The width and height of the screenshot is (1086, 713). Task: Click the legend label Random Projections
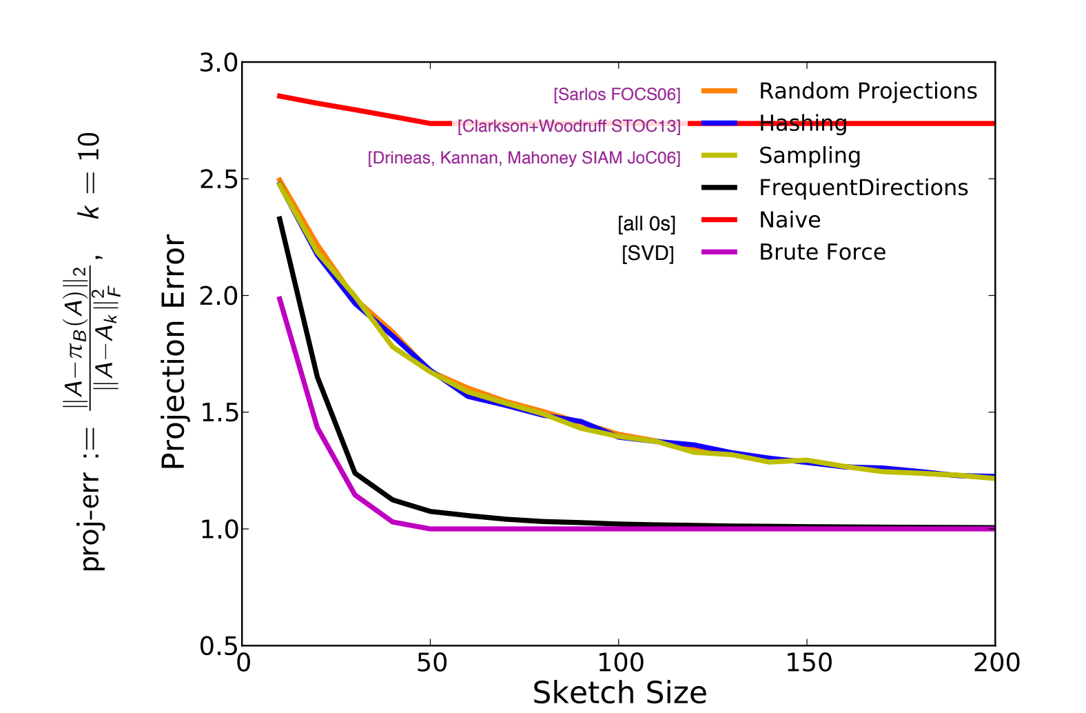coord(868,91)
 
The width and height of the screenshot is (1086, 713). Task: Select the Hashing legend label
coord(803,123)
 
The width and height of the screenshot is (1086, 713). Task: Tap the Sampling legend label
coord(810,155)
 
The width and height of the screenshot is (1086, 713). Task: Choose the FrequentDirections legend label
coord(863,188)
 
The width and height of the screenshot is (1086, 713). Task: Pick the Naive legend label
coord(790,220)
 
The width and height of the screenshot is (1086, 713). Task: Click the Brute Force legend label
coord(822,252)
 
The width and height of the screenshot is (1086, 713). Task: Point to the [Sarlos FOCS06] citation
coord(617,94)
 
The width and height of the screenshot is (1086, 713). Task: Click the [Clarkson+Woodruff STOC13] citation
coord(569,126)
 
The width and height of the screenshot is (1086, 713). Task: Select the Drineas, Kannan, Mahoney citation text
coord(524,158)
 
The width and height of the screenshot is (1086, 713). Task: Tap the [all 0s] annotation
coord(646,223)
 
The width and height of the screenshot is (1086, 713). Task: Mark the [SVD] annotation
coord(648,253)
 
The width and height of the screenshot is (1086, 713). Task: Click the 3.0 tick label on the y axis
coord(218,63)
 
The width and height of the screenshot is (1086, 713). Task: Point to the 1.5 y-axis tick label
coord(218,412)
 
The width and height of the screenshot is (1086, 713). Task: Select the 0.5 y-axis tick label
coord(218,646)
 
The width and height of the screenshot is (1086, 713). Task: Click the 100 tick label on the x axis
coord(619,663)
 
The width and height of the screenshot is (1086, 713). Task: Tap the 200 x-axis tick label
coord(997,663)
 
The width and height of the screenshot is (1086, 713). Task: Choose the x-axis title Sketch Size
coord(619,692)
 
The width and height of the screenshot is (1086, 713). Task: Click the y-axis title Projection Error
coord(173,352)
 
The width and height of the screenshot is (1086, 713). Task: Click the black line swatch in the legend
coord(719,188)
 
